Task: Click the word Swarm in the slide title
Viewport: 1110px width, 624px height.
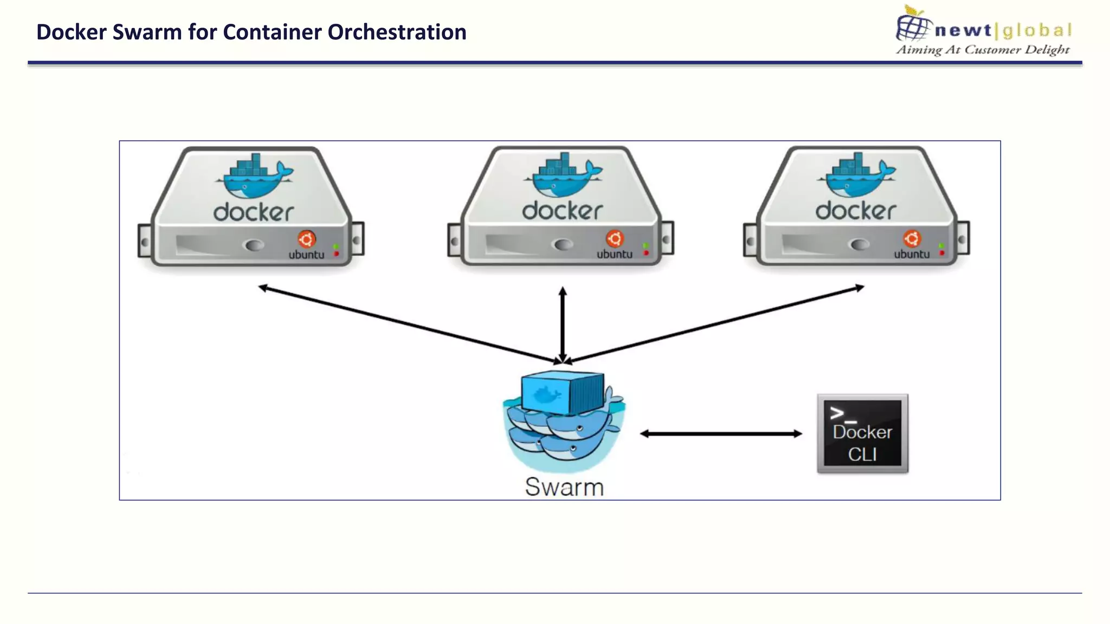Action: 147,32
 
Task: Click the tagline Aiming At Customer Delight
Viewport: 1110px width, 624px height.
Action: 983,50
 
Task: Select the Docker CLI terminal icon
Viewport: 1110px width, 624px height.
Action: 862,434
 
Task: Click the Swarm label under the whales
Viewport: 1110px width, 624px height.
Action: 564,486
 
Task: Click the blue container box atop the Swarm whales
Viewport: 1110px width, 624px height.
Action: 562,392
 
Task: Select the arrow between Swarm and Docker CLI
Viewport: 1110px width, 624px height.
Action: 721,433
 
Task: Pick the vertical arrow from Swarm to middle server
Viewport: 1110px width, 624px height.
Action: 563,325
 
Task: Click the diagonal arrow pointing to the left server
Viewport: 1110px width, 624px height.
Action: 406,324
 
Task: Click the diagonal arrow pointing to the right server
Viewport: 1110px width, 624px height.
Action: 715,324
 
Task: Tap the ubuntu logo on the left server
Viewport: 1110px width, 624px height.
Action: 307,239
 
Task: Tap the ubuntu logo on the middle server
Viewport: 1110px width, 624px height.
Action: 615,238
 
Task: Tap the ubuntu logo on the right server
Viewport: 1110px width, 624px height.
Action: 912,238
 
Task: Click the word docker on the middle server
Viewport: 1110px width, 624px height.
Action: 562,211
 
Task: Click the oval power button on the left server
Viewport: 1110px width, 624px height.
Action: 254,245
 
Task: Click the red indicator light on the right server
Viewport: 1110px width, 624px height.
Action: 942,253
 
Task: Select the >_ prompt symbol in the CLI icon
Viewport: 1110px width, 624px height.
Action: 842,414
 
